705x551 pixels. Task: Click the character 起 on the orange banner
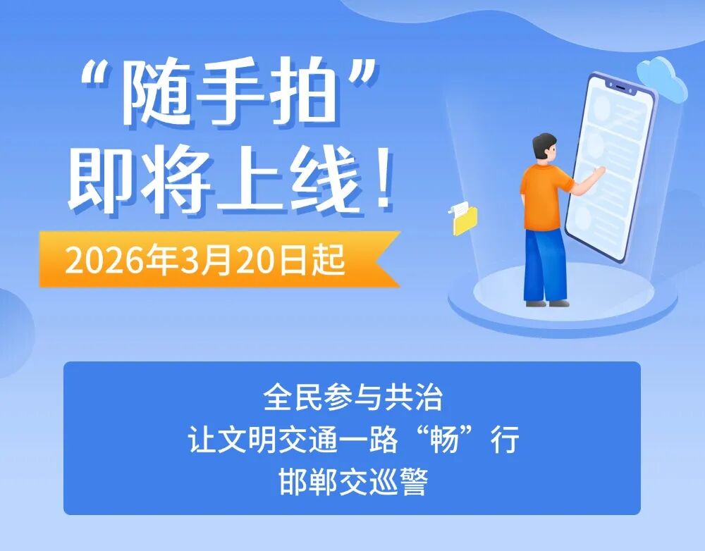pos(330,260)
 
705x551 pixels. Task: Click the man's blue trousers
pos(544,266)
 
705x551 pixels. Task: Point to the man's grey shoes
pos(547,304)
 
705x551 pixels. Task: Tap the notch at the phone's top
pos(623,87)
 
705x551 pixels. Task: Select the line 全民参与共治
pos(353,397)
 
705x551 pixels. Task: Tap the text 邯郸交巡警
pos(353,481)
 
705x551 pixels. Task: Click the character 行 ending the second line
pos(505,439)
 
